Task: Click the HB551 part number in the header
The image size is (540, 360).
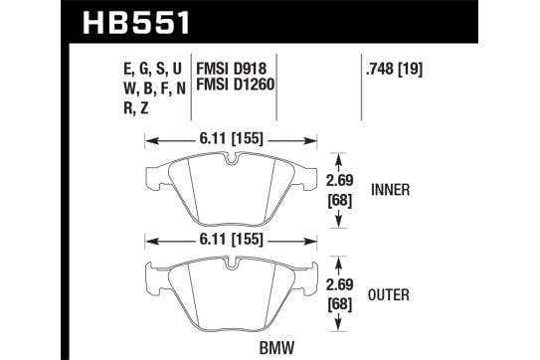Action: (135, 23)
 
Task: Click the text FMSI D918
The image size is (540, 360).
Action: (231, 69)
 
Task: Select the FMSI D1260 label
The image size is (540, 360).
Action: (236, 85)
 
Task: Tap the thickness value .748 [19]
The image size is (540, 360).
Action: (395, 69)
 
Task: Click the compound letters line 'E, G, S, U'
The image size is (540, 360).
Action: (152, 69)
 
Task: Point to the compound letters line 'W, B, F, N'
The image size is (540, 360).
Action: (154, 89)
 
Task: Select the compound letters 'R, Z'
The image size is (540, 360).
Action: (136, 108)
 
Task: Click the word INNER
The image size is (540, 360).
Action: (391, 190)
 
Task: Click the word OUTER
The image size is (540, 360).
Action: (389, 295)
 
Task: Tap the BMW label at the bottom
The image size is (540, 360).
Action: (276, 348)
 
